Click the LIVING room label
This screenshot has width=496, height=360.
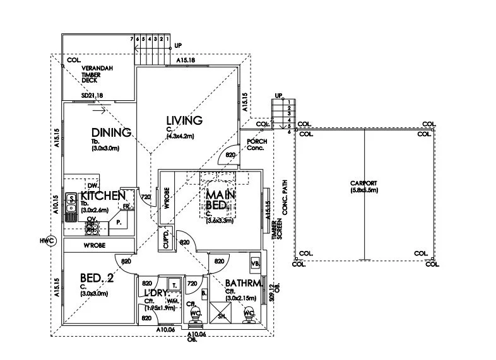point(184,120)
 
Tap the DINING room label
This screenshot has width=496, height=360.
point(111,132)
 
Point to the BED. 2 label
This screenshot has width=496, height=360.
point(97,277)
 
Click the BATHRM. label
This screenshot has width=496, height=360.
point(244,284)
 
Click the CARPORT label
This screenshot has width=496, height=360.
point(363,183)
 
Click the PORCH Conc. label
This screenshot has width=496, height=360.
point(257,144)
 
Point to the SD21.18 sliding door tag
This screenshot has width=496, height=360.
point(92,96)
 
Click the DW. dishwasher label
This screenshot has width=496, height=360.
point(92,186)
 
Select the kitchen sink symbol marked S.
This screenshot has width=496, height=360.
point(72,199)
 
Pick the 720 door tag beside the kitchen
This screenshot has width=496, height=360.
point(146,197)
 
